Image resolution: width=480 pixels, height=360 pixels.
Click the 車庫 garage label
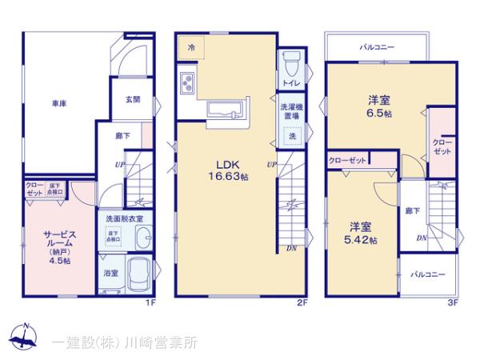(58, 104)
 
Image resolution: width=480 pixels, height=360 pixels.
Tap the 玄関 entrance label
(133, 99)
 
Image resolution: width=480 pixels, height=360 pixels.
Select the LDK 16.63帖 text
(226, 170)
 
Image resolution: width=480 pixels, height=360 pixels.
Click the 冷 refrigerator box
(191, 47)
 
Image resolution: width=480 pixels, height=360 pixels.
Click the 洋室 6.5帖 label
(379, 107)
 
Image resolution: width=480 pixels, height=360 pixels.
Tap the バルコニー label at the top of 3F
(376, 48)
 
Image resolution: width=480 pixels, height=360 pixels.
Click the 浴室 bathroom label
(110, 273)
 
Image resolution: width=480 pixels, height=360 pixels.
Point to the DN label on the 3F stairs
(420, 238)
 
